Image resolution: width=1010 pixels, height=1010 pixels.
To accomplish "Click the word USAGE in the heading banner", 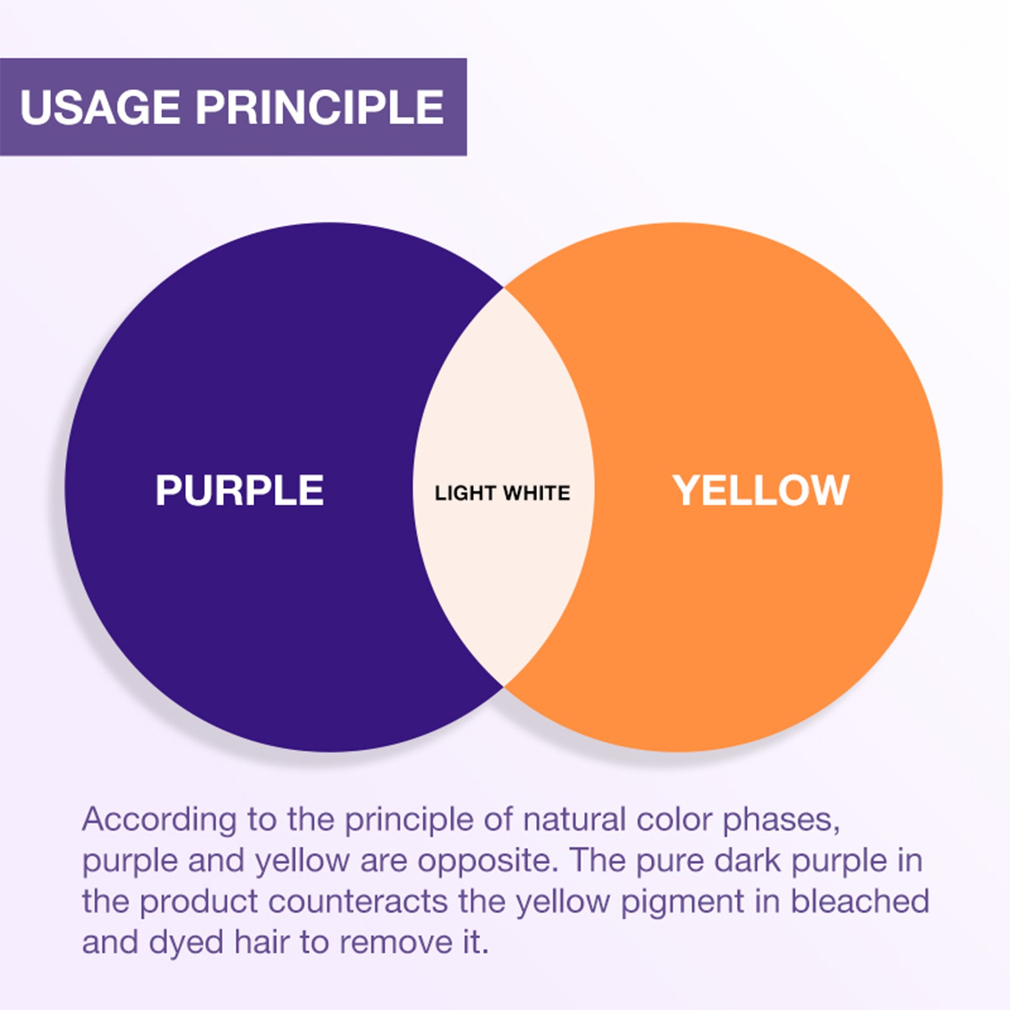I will click(100, 107).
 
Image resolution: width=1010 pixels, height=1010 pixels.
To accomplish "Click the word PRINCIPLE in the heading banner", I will click(319, 107).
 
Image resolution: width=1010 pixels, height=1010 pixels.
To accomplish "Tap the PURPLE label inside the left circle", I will click(239, 490).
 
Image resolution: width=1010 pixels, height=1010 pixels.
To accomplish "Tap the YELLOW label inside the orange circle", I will click(761, 490).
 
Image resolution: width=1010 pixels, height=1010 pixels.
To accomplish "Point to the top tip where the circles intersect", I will click(504, 288).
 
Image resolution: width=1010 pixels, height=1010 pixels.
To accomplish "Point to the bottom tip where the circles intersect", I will click(504, 686).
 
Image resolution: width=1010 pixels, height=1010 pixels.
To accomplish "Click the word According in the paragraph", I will click(159, 820).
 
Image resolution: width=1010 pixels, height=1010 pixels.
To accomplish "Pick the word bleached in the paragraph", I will click(860, 901).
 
